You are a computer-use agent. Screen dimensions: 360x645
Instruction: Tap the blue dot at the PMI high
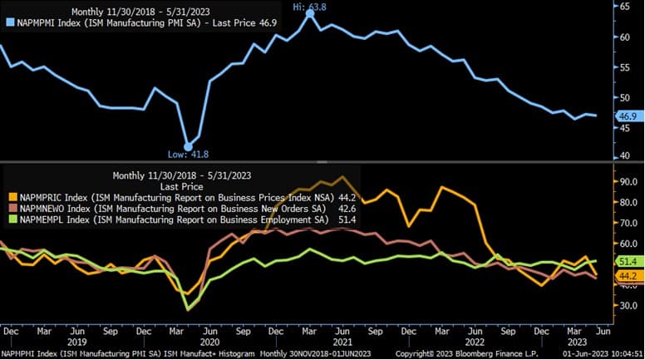click(x=310, y=13)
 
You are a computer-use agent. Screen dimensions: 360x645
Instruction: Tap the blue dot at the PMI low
click(x=188, y=146)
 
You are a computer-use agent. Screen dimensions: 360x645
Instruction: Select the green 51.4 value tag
click(x=627, y=261)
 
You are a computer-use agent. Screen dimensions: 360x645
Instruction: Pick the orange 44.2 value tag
click(x=627, y=275)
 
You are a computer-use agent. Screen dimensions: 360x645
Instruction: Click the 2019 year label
click(x=76, y=342)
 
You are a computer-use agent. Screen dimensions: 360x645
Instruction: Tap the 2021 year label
click(x=341, y=342)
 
